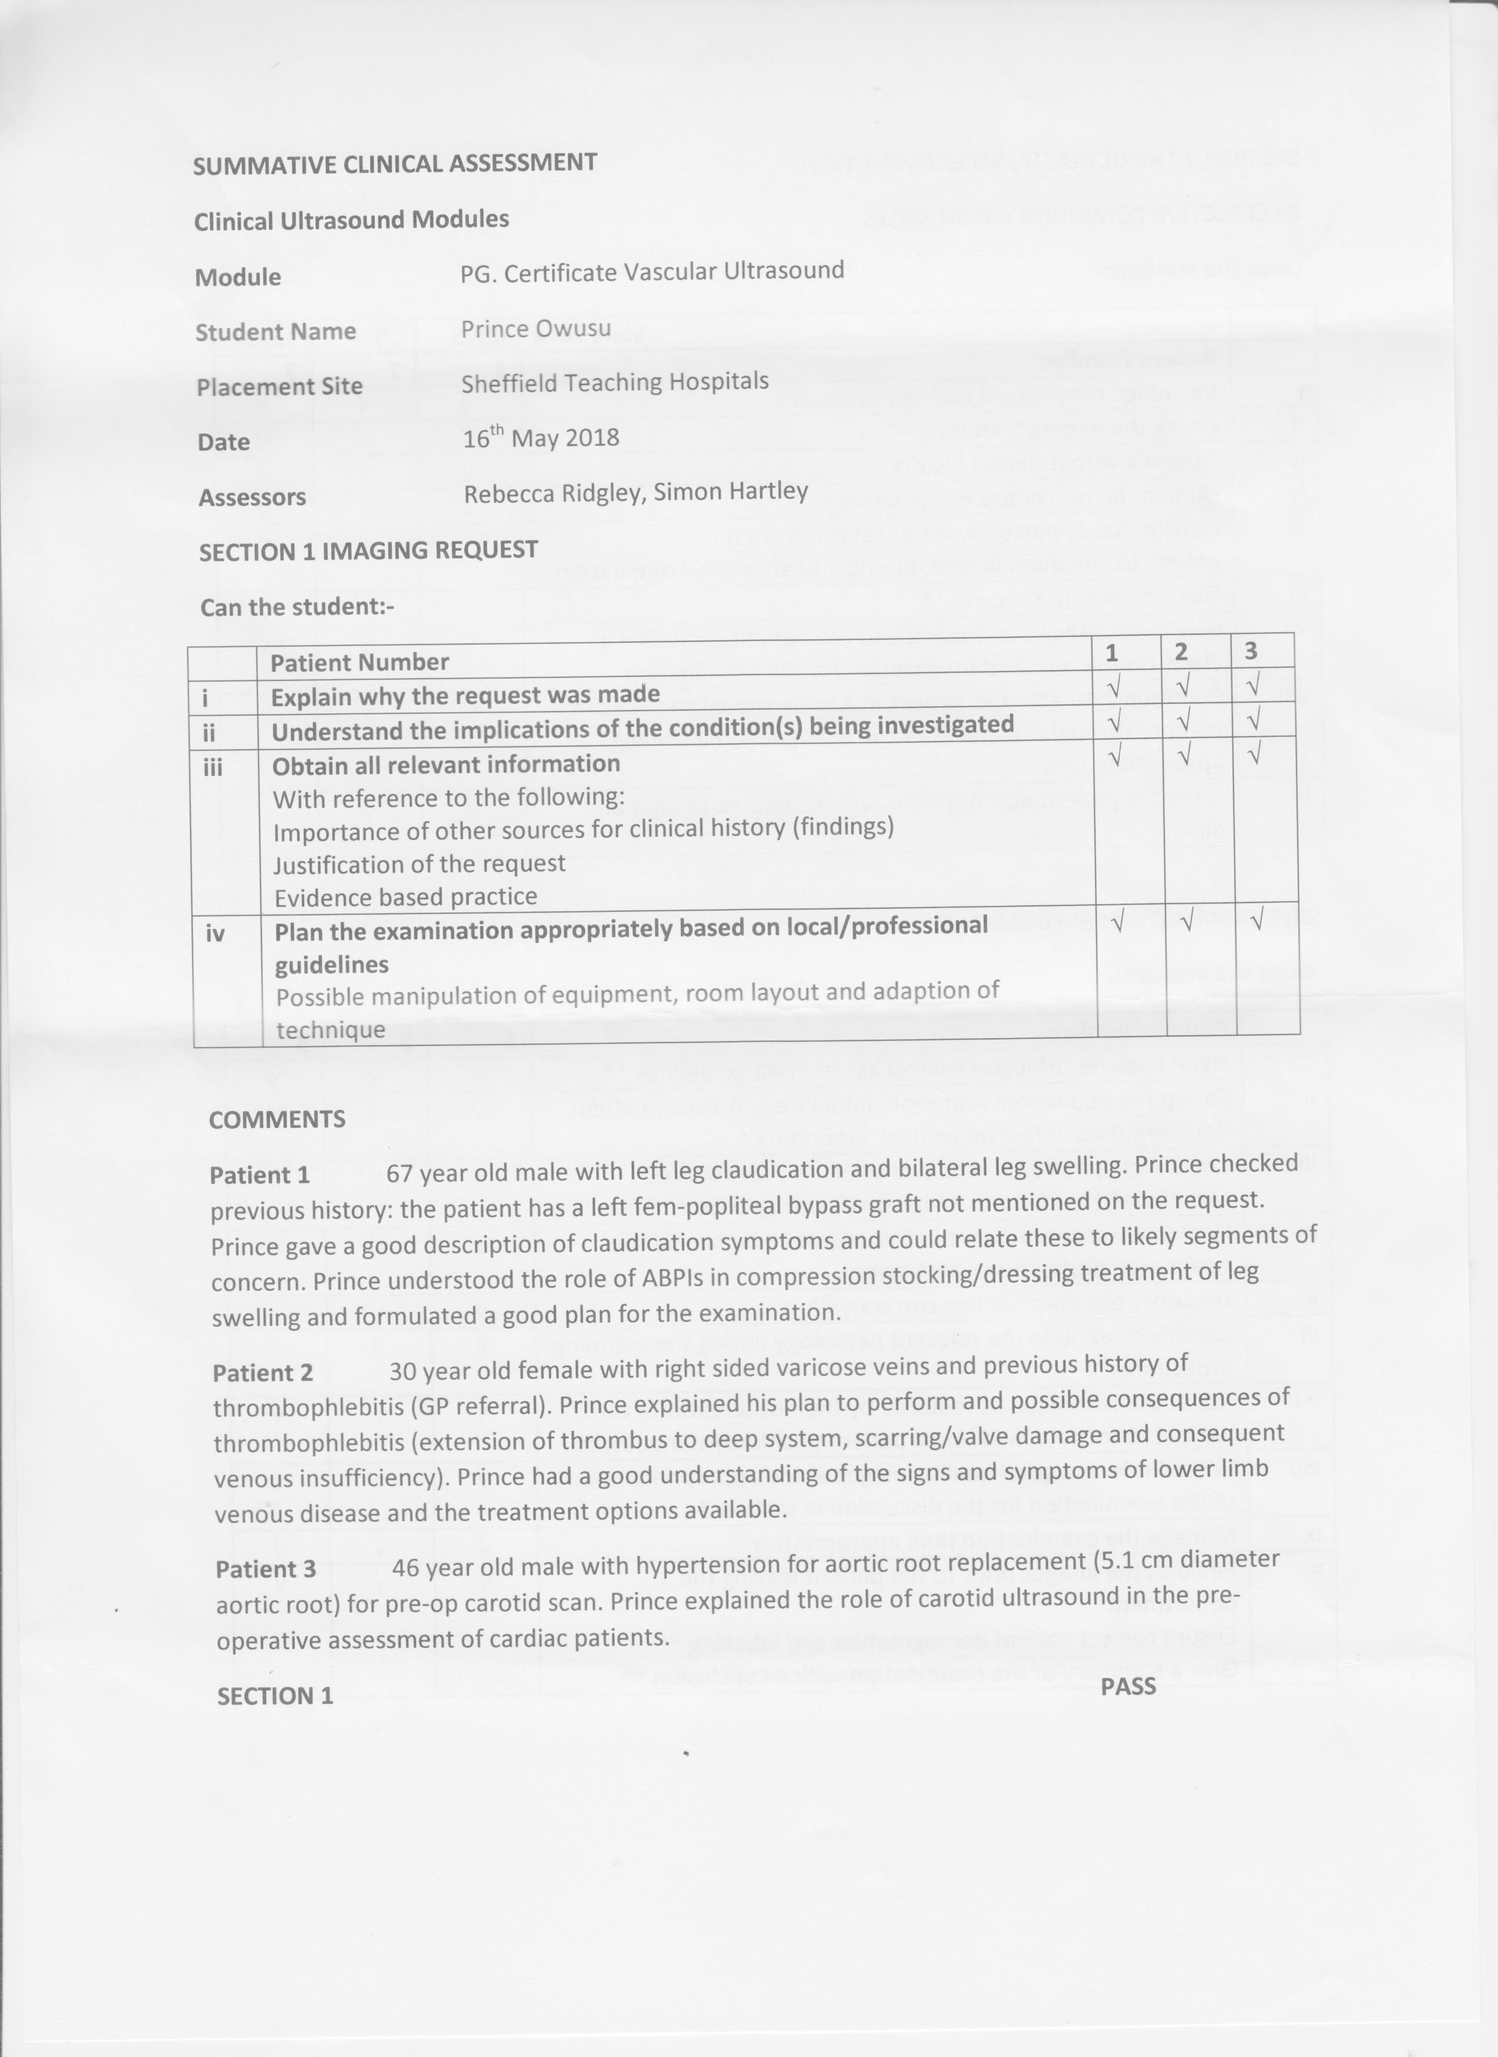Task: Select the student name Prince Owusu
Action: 535,328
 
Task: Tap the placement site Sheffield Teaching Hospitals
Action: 615,382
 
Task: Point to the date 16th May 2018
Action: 540,438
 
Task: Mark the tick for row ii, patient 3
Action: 1253,720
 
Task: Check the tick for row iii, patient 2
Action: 1183,754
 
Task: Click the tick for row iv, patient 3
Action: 1257,921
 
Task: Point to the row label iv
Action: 215,932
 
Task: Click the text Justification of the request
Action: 419,864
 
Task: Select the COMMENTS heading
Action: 277,1119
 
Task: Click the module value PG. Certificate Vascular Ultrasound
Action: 652,271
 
